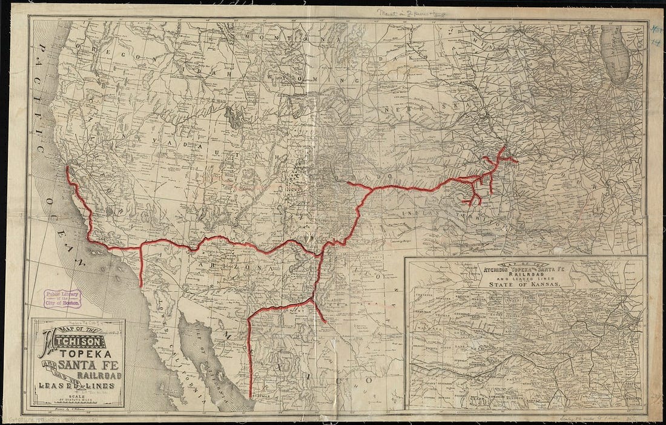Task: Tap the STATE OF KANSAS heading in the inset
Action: tap(524, 282)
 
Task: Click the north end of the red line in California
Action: tap(67, 168)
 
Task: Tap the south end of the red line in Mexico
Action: tap(250, 397)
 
